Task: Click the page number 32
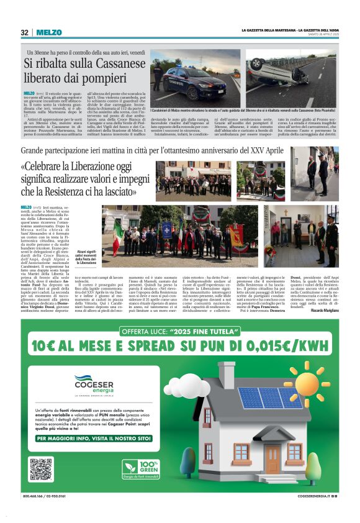coord(24,32)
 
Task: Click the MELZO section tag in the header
coord(48,32)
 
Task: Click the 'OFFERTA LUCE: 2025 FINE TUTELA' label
coord(180,331)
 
